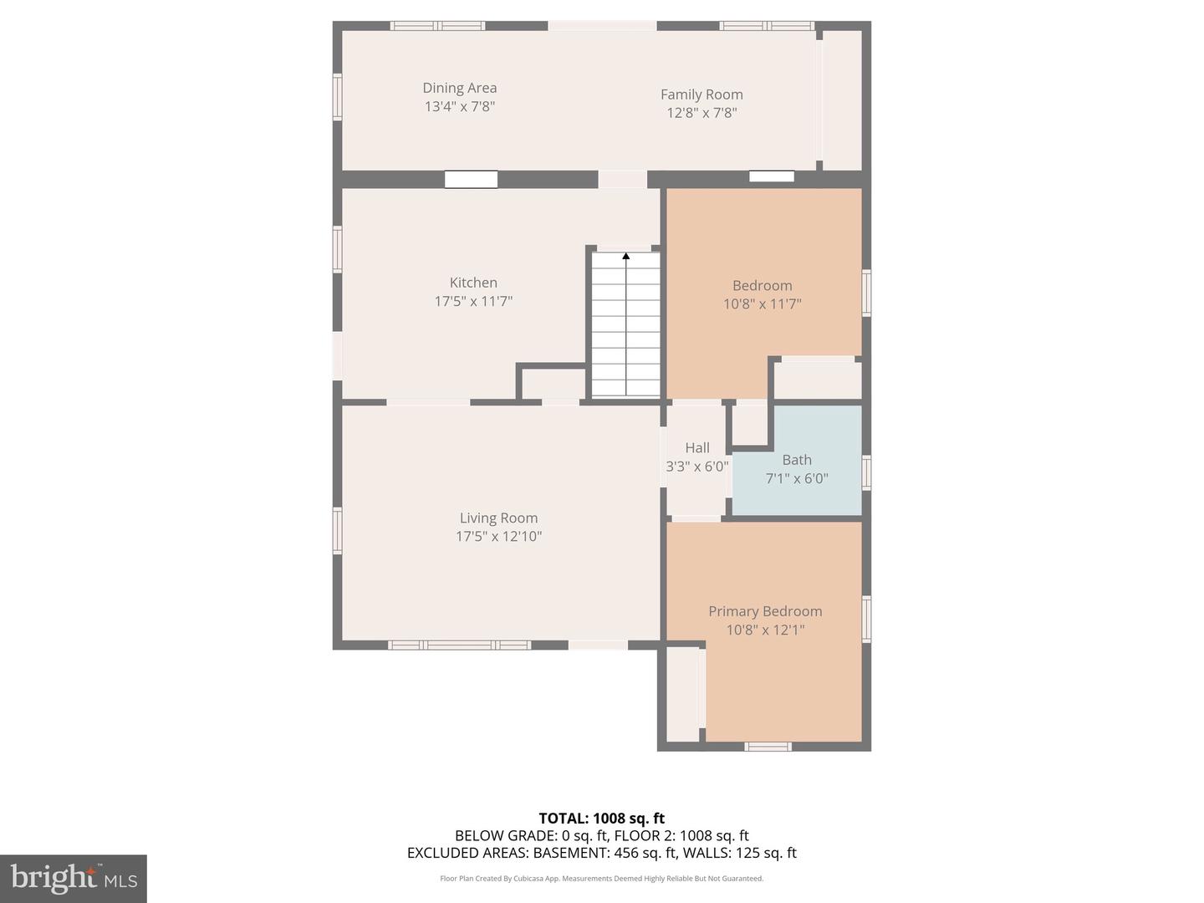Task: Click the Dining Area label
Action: point(459,88)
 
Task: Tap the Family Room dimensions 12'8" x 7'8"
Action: point(701,113)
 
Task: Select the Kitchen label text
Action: point(473,283)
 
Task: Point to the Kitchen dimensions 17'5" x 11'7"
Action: point(473,302)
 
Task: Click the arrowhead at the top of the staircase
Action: point(625,256)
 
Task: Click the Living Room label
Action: point(498,518)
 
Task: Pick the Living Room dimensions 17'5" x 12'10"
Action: point(498,536)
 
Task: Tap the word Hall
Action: point(696,448)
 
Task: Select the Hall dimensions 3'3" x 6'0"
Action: point(696,467)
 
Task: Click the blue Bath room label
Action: point(796,460)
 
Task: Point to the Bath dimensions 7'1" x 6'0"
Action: point(796,478)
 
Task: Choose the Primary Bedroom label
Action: point(765,611)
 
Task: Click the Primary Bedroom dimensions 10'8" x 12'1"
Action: point(765,630)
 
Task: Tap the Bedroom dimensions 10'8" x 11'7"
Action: point(762,304)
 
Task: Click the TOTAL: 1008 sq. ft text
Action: point(601,819)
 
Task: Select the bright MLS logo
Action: point(74,879)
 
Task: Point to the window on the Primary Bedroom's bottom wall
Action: point(768,746)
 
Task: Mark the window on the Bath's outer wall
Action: point(866,472)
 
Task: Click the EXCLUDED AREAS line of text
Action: point(601,853)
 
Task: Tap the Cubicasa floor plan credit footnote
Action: point(601,878)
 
